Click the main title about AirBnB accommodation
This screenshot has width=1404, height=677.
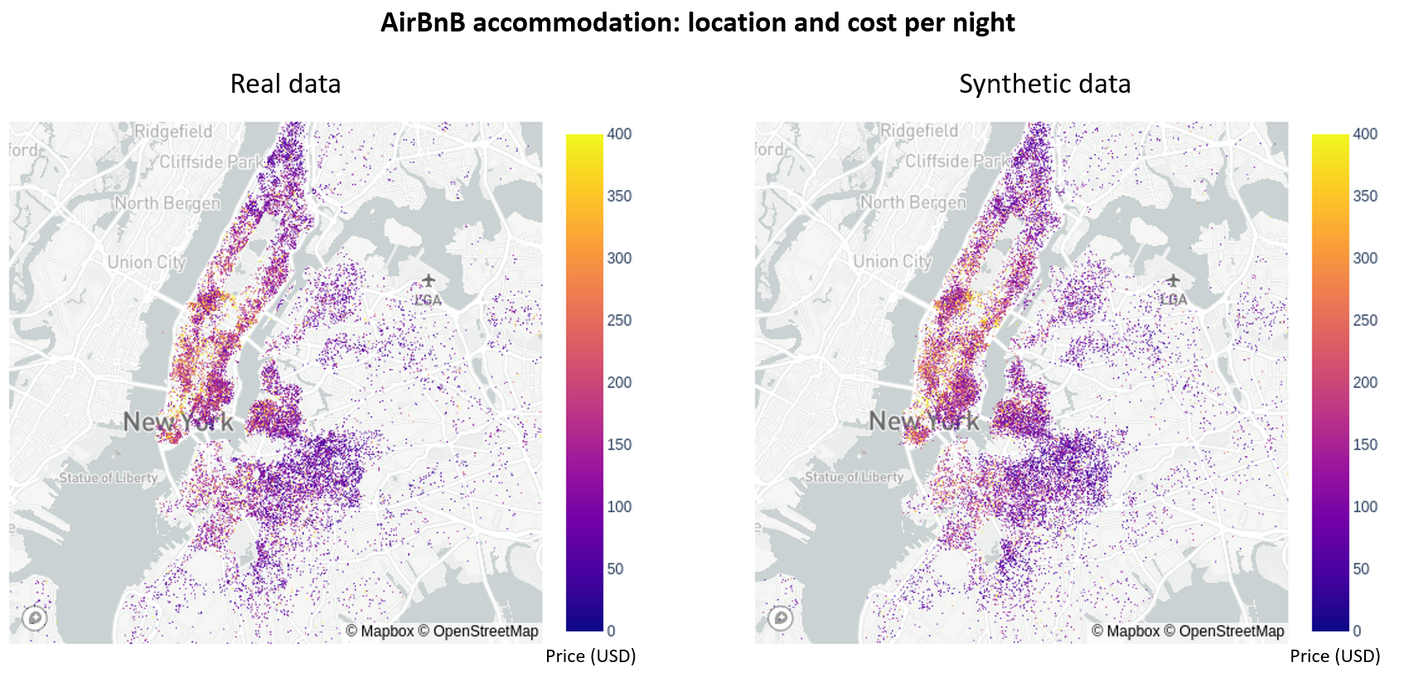pyautogui.click(x=697, y=22)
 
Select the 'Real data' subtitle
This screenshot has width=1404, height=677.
pyautogui.click(x=285, y=84)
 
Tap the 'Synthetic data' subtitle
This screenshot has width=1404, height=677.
pyautogui.click(x=1044, y=84)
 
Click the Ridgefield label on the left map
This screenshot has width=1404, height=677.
pyautogui.click(x=173, y=131)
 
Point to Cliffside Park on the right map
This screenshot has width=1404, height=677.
pyautogui.click(x=958, y=161)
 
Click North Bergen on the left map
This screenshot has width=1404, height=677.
pyautogui.click(x=167, y=203)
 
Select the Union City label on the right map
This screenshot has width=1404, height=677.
pyautogui.click(x=893, y=262)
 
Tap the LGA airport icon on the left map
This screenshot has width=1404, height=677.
pyautogui.click(x=428, y=280)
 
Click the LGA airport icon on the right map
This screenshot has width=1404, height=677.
pyautogui.click(x=1173, y=280)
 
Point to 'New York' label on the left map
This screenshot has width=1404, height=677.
pyautogui.click(x=178, y=422)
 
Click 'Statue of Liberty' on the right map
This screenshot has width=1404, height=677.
pyautogui.click(x=854, y=477)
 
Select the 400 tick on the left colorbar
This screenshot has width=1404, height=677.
pyautogui.click(x=619, y=134)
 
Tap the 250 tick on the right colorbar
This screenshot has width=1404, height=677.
pyautogui.click(x=1365, y=321)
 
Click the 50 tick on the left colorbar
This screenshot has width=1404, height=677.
pyautogui.click(x=615, y=569)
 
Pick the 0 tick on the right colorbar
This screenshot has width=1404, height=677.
pyautogui.click(x=1357, y=631)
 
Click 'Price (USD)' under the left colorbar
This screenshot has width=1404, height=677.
pyautogui.click(x=590, y=656)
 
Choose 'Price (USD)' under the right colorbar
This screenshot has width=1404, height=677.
pyautogui.click(x=1334, y=656)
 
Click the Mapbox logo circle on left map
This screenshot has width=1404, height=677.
pyautogui.click(x=34, y=618)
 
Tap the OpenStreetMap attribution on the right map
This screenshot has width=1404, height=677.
pyautogui.click(x=1232, y=631)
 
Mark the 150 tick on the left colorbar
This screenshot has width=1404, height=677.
pyautogui.click(x=619, y=445)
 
